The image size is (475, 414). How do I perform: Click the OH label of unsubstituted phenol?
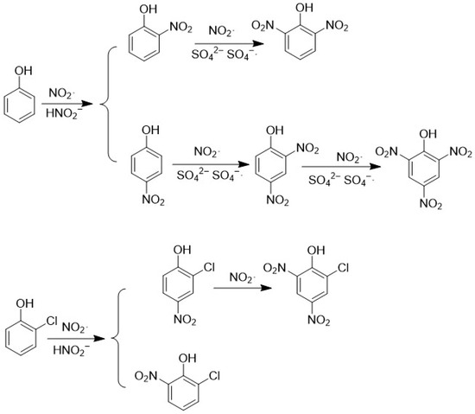point(23,71)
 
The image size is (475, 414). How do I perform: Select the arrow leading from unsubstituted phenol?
point(66,104)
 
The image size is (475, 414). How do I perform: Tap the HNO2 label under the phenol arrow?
point(64,114)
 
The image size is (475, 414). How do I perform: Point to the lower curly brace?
point(116,338)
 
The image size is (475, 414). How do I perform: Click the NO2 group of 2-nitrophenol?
point(180,28)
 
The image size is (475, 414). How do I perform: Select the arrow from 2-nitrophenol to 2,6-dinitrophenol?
point(229,44)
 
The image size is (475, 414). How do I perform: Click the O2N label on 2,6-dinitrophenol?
point(263,26)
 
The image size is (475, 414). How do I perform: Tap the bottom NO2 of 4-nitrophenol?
point(153,201)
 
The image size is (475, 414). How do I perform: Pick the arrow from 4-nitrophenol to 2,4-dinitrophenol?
point(211,164)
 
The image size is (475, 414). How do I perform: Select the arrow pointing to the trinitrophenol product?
point(341,167)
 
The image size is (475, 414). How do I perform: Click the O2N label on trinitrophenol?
point(386,151)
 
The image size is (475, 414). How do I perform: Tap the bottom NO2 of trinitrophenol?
point(431,204)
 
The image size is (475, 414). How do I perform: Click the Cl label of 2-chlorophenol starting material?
point(51,321)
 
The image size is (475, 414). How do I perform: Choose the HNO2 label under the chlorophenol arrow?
point(72,350)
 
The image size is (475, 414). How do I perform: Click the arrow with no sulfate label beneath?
point(243,288)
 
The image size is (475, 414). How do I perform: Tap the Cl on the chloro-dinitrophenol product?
point(343,268)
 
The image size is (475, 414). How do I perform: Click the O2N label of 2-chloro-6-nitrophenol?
point(146,376)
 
